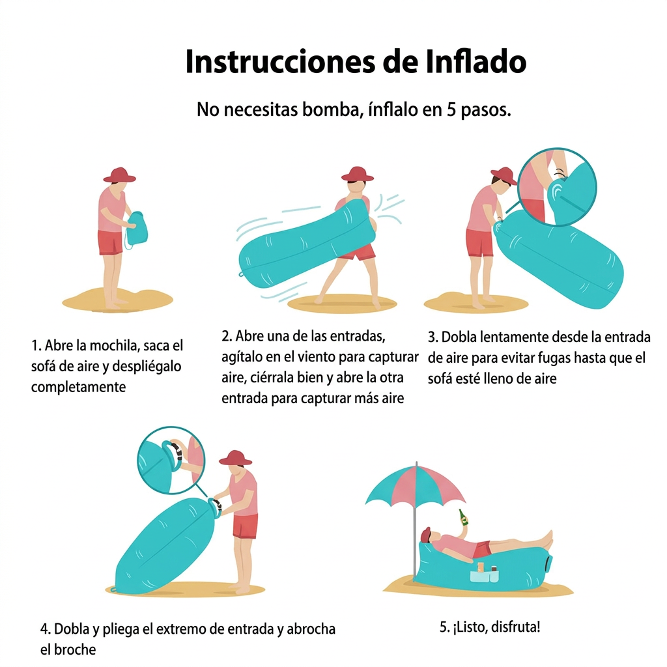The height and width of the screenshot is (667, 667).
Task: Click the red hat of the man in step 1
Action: (120, 175)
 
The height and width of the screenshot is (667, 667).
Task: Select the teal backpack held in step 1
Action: (137, 229)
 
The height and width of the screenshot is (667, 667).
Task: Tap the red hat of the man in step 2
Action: (358, 174)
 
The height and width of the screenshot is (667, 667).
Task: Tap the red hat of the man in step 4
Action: (235, 458)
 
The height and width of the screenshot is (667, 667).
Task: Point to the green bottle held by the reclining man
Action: (462, 517)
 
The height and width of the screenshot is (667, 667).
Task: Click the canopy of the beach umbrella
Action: (415, 485)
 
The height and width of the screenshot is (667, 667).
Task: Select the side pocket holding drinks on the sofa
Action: (484, 576)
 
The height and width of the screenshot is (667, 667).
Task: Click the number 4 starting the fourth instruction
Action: (44, 629)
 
